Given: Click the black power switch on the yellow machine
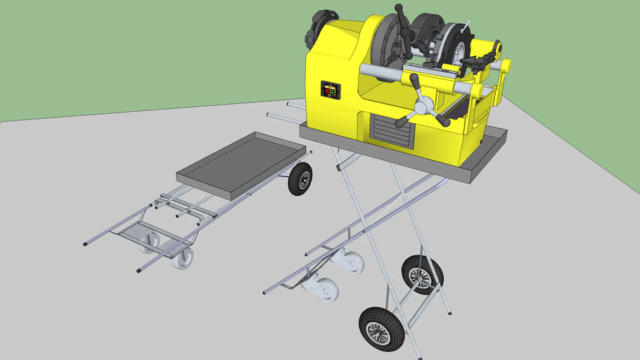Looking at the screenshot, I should point(330,90).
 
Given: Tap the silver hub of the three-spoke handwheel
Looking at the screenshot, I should point(423,107).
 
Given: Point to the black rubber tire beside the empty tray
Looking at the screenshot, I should point(300,179).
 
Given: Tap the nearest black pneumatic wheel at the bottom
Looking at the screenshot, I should point(381,328).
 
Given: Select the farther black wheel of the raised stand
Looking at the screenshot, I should point(422,274).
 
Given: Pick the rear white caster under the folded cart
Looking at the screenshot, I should point(149,242).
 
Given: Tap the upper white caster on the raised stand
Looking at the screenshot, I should point(350,262).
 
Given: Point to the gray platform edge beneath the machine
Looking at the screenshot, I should point(394,158).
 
